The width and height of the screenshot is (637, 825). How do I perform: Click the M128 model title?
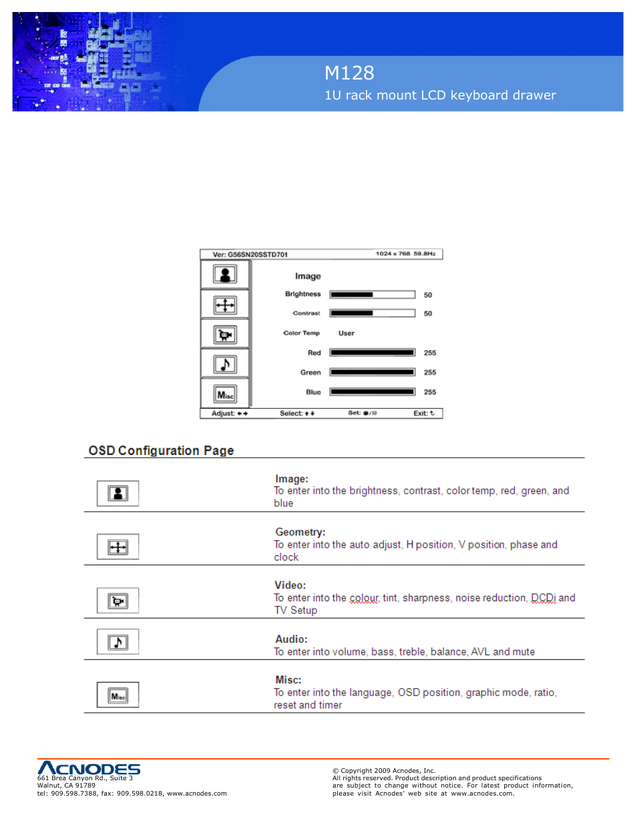point(349,73)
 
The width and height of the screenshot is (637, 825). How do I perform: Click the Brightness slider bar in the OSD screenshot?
point(372,295)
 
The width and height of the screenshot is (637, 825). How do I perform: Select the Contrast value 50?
point(428,313)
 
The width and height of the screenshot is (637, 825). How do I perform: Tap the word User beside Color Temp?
point(346,333)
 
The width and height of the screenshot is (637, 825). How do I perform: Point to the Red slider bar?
point(372,353)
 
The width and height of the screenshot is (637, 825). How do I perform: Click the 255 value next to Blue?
point(430,392)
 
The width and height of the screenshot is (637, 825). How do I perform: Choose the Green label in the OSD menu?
point(310,373)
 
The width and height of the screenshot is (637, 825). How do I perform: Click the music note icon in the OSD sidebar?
point(225,364)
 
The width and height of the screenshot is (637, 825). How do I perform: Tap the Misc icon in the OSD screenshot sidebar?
point(225,395)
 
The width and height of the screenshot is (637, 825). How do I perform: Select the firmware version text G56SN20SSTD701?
point(257,255)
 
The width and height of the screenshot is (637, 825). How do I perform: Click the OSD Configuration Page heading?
point(161,450)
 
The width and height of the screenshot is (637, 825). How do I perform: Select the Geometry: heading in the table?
point(300,532)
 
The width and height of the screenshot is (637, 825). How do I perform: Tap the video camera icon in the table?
point(118,601)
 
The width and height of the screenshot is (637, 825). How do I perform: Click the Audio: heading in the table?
point(291,639)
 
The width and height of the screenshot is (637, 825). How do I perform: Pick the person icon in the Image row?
point(118,494)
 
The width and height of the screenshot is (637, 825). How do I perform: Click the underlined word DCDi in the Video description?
point(543,598)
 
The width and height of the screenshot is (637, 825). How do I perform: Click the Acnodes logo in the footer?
point(89,768)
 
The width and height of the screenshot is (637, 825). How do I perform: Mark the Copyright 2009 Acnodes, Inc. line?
point(384,770)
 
